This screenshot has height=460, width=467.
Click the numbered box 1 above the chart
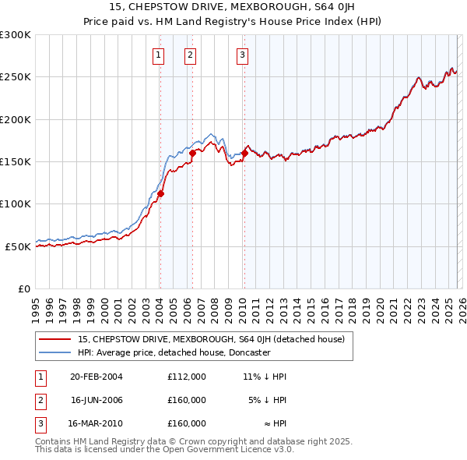(x=158, y=55)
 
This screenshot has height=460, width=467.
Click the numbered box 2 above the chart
(x=190, y=55)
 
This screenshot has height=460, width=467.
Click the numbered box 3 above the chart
(x=242, y=55)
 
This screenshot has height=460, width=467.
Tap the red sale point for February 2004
(x=161, y=193)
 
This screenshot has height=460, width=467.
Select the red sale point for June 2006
(x=192, y=153)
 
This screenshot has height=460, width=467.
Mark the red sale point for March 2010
(x=244, y=154)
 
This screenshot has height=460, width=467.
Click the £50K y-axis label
(x=18, y=246)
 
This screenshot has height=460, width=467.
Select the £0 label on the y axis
(x=24, y=288)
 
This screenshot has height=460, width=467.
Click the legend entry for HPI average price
(x=174, y=352)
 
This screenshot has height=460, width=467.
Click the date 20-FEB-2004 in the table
(x=97, y=377)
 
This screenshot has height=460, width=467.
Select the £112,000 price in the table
(x=187, y=377)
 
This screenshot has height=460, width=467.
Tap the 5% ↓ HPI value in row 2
(x=268, y=400)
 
